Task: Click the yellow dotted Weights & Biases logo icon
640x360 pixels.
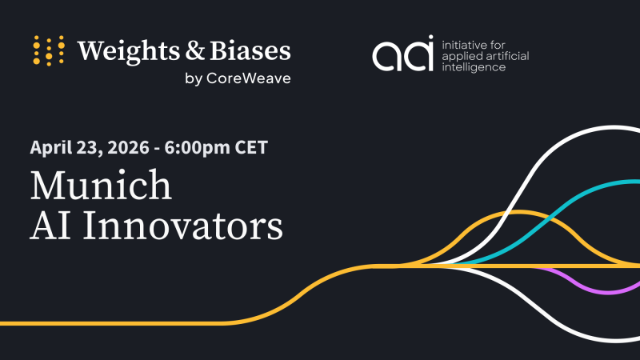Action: pos(49,50)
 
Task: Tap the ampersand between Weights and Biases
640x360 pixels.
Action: pos(195,50)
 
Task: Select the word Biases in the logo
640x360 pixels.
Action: pos(250,50)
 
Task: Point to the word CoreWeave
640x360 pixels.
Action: pos(249,78)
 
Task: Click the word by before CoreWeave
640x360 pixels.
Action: pos(194,78)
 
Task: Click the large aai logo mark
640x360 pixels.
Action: pos(402,53)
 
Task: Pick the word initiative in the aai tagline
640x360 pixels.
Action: pos(463,45)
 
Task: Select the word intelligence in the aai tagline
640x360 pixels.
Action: pos(474,67)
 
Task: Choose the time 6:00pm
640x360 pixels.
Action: pos(197,148)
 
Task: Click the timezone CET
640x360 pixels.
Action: pos(251,147)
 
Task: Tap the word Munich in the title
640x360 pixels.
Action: pos(101,185)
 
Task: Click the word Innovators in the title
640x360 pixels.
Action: pos(183,226)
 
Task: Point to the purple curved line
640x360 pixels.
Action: pos(588,287)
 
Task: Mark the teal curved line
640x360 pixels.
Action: pos(547,222)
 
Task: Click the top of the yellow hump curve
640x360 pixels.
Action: pos(518,212)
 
